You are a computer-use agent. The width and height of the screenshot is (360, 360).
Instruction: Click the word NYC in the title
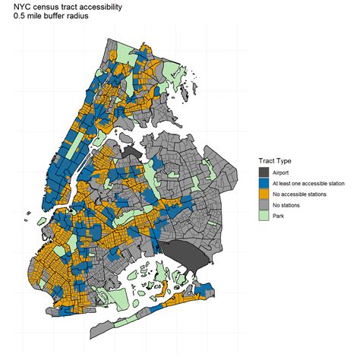pos(14,6)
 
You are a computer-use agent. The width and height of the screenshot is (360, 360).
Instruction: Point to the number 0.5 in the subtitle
pos(10,16)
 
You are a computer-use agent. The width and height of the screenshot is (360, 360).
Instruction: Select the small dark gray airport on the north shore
pos(133,153)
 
